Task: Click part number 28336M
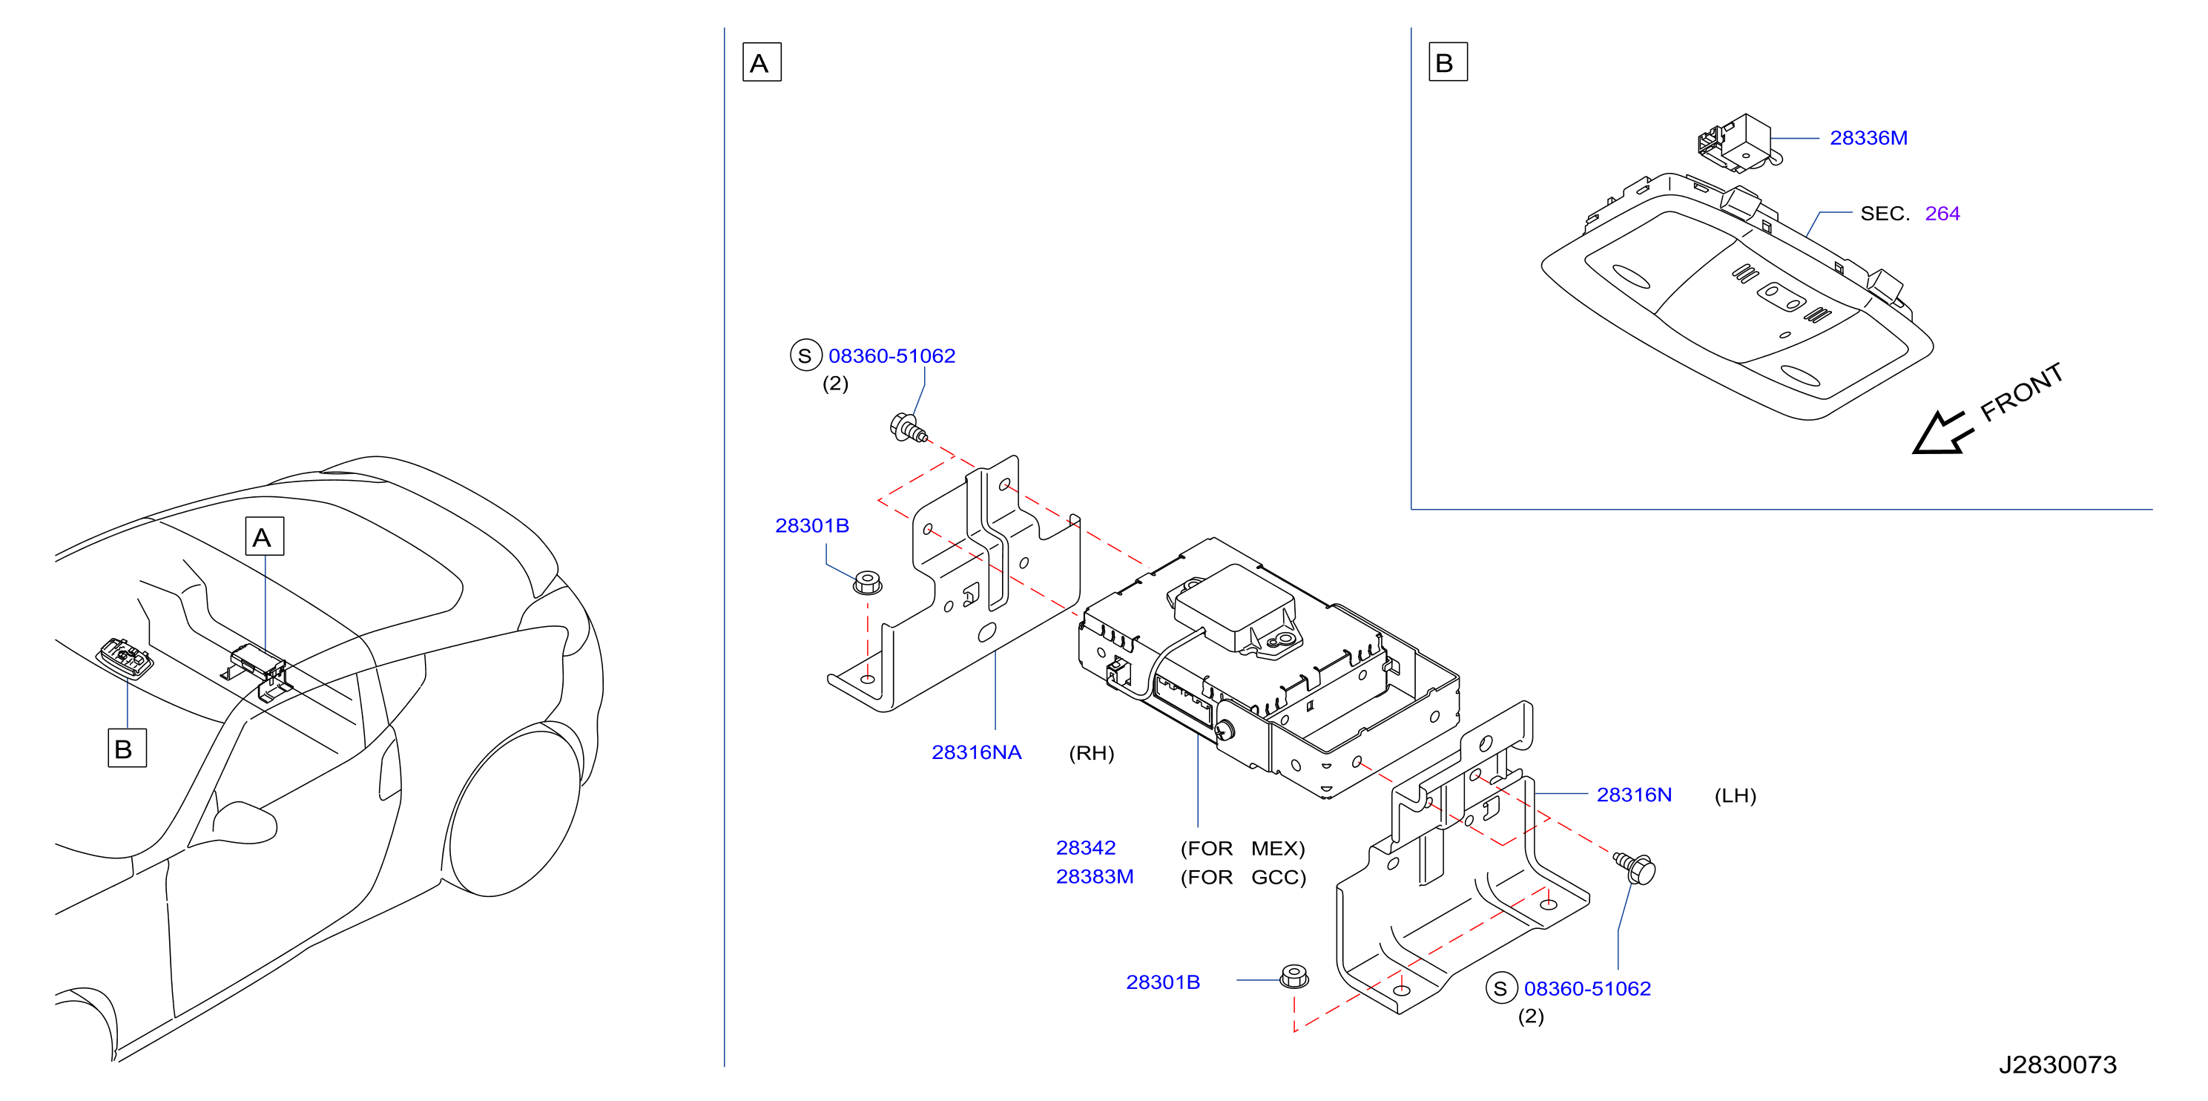coord(1868,138)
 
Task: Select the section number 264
coord(1942,214)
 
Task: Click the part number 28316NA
coord(976,752)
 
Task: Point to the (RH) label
coord(1091,753)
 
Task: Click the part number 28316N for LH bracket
coord(1634,795)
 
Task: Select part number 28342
coord(1085,848)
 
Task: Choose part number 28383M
coord(1095,876)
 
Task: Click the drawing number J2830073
coord(2057,1065)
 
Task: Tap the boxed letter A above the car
coord(264,537)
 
